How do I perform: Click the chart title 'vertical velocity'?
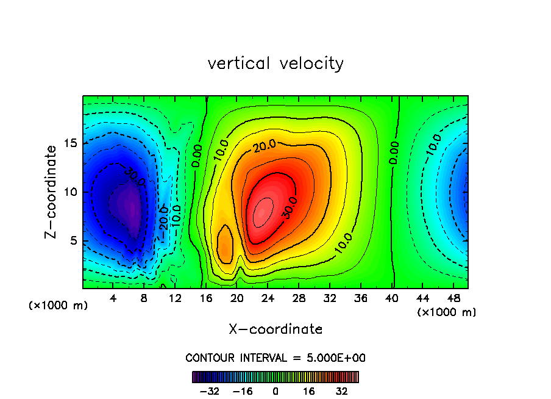click(x=275, y=63)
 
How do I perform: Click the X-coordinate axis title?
click(x=275, y=329)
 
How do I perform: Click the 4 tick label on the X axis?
click(x=113, y=298)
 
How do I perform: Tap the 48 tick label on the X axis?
click(x=453, y=298)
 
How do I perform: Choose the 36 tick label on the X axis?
click(x=360, y=298)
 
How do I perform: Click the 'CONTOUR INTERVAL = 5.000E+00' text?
click(x=275, y=358)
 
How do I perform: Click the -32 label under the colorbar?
click(x=209, y=390)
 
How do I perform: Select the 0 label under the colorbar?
click(x=275, y=390)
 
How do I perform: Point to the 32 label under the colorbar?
click(x=341, y=390)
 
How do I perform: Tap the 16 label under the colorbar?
click(x=308, y=390)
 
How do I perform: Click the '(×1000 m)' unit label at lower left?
click(x=59, y=306)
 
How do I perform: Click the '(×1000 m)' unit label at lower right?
click(x=447, y=312)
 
